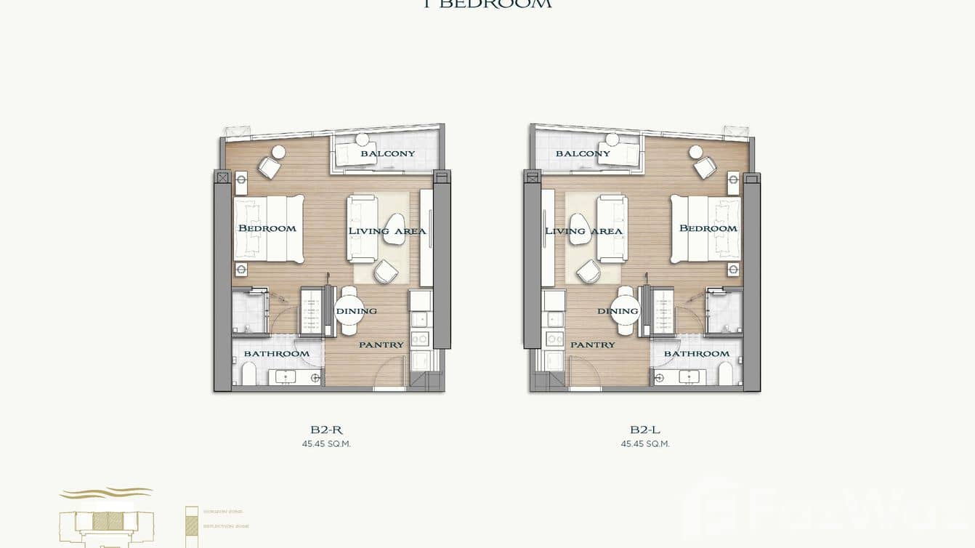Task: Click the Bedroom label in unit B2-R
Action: click(x=267, y=228)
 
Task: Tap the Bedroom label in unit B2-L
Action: click(x=708, y=228)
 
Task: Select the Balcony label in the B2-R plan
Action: click(x=388, y=153)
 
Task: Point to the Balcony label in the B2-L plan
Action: click(x=583, y=153)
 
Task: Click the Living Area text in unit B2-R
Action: click(x=387, y=231)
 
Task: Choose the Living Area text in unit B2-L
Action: click(x=583, y=231)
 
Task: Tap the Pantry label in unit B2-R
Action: click(x=381, y=344)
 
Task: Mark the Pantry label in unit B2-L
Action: click(x=592, y=344)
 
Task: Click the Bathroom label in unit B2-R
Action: click(x=276, y=353)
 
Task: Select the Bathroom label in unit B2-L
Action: click(x=696, y=353)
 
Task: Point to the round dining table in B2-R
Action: click(x=347, y=310)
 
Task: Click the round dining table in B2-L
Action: click(x=626, y=310)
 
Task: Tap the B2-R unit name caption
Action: click(x=326, y=430)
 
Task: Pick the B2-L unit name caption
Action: click(x=645, y=430)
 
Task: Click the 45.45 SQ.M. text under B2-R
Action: click(x=326, y=443)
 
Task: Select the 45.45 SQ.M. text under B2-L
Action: click(x=645, y=443)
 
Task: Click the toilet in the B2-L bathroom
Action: click(x=726, y=374)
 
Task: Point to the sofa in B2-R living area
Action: click(x=362, y=228)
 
